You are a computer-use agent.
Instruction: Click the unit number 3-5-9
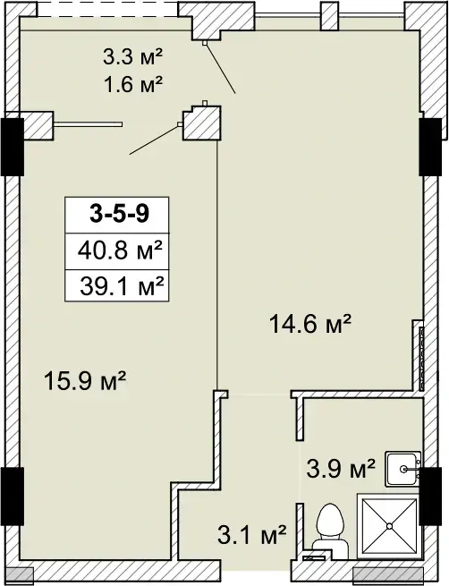[119, 214]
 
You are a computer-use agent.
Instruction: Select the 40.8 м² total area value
[120, 251]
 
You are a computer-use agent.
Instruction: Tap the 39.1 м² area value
[122, 286]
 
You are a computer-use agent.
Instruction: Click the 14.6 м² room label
[310, 324]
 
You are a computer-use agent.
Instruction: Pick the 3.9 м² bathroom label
[340, 469]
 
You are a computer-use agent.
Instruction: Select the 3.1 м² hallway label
[251, 535]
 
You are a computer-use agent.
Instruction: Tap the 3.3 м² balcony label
[133, 58]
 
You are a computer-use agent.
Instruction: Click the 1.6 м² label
[133, 84]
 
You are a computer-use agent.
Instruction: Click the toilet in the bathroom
[330, 531]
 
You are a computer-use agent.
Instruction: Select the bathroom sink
[403, 469]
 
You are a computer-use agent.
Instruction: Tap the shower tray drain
[390, 526]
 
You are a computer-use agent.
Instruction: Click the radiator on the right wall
[422, 357]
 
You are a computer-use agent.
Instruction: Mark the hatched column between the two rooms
[202, 123]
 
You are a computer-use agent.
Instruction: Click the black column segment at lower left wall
[13, 497]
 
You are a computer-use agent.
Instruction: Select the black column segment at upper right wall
[430, 147]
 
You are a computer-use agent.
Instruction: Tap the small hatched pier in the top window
[330, 16]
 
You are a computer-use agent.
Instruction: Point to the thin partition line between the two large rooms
[217, 266]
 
